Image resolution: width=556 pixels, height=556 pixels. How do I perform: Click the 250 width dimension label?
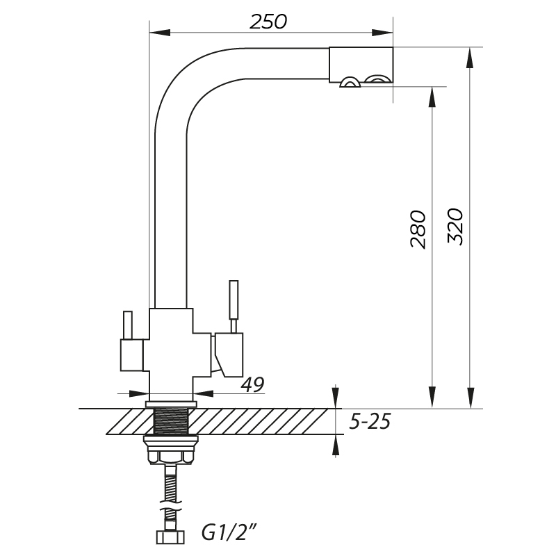click(x=268, y=22)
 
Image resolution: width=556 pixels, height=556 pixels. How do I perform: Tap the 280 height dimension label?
click(x=418, y=229)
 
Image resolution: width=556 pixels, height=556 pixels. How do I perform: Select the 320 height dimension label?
click(x=455, y=227)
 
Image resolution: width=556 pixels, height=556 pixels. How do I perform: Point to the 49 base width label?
click(x=253, y=384)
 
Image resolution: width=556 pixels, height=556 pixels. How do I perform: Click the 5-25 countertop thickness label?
click(x=370, y=422)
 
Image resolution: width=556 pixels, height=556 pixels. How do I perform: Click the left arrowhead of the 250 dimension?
click(x=161, y=33)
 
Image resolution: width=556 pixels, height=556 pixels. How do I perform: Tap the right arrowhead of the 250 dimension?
click(x=382, y=33)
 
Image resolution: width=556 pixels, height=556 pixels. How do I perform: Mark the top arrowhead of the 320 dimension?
click(x=471, y=58)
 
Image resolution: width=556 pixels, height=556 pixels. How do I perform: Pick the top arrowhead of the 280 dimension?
click(x=432, y=97)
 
